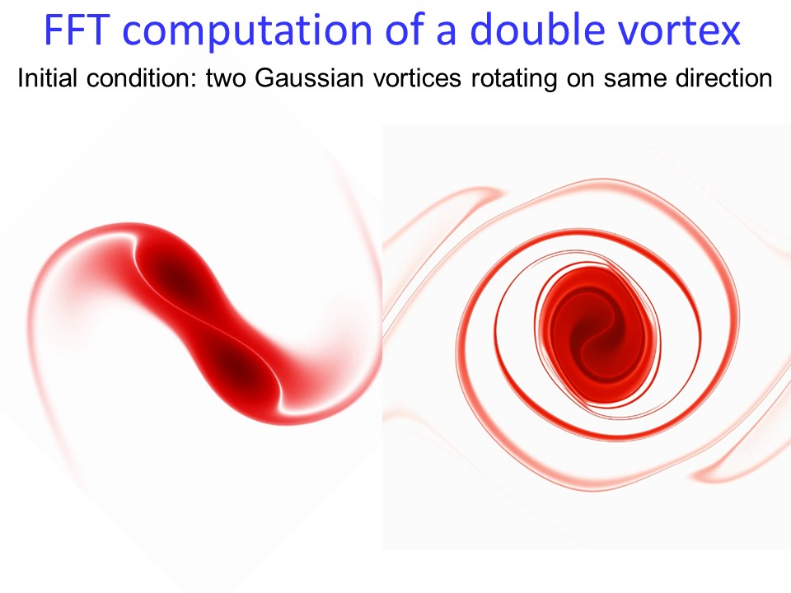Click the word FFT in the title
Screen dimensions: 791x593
click(77, 30)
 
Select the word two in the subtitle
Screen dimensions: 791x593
click(226, 79)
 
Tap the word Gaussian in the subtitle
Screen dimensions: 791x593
click(309, 78)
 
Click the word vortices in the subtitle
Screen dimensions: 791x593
click(417, 78)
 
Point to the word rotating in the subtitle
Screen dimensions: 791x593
click(513, 79)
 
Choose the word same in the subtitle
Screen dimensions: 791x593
click(634, 80)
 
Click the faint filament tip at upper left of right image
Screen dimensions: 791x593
click(497, 192)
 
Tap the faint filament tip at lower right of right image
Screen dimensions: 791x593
click(699, 476)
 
